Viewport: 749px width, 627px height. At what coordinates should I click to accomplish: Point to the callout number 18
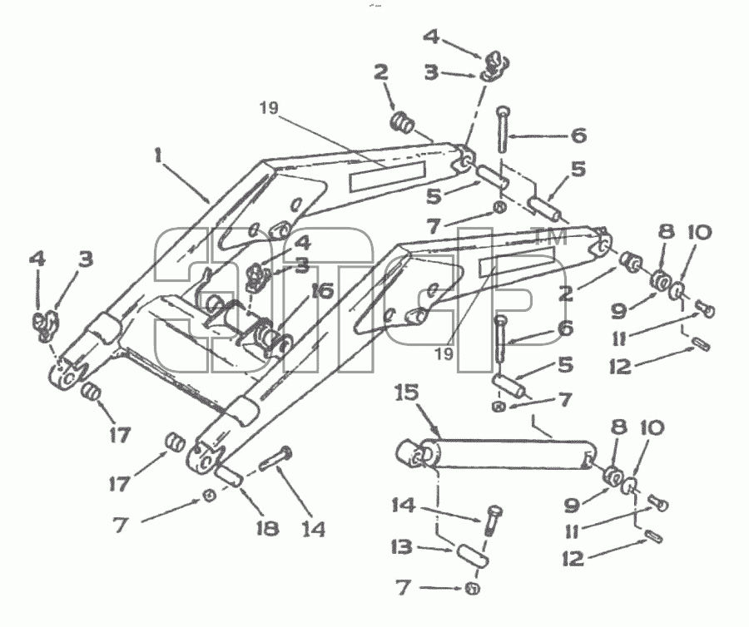266,528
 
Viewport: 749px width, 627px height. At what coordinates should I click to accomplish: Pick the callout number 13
401,547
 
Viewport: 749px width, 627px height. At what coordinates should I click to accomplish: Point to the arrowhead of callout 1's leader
209,201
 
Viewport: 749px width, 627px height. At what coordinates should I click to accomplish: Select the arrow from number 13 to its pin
434,549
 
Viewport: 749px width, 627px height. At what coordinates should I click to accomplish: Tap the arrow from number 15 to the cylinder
428,419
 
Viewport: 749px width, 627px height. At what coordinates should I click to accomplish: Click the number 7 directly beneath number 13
404,587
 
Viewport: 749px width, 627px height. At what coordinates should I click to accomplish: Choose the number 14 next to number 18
313,529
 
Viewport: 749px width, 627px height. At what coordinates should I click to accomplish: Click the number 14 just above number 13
404,505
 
